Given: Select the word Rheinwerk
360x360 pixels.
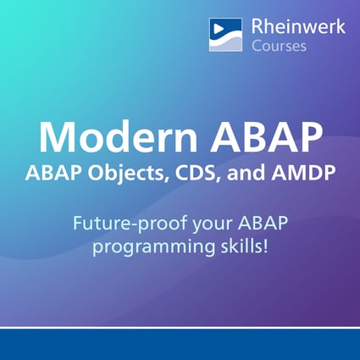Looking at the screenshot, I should tap(298, 27).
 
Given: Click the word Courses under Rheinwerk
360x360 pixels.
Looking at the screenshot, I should tap(280, 46).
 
